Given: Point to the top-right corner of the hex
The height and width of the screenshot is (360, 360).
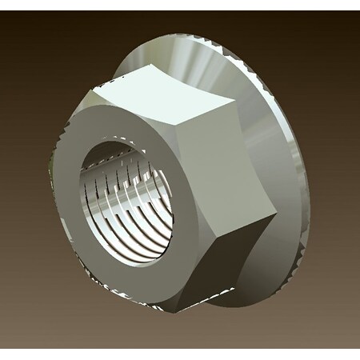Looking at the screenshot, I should (x=234, y=103).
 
